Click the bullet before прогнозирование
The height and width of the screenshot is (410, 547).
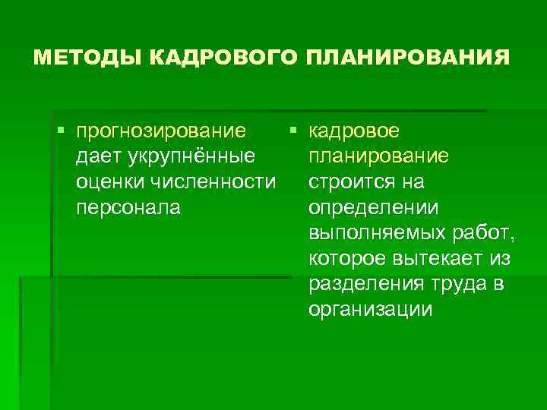[x=61, y=131]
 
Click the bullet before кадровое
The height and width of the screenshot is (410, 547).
[x=293, y=131]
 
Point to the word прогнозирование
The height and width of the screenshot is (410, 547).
[x=161, y=131]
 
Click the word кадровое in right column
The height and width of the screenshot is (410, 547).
[x=354, y=131]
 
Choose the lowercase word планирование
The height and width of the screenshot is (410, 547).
[x=378, y=157]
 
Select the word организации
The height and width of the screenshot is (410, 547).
[x=371, y=311]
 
